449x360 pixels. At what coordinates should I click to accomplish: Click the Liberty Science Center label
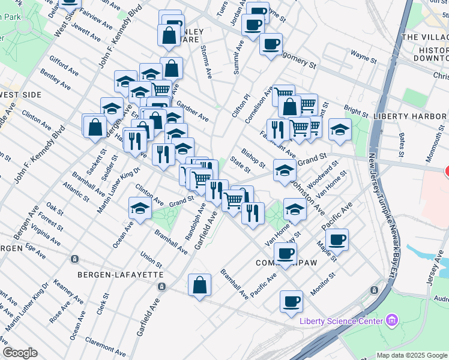[x=341, y=320]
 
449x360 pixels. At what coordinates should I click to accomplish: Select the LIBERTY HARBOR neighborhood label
[x=408, y=116]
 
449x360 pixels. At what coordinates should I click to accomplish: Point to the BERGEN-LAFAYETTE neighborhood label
[x=120, y=274]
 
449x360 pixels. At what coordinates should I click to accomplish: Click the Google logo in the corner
[x=20, y=353]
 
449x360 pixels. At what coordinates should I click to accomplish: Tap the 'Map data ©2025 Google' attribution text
[x=411, y=355]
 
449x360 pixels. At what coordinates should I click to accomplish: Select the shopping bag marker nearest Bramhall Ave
[x=200, y=286]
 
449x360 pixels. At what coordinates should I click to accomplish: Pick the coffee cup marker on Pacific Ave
[x=338, y=239]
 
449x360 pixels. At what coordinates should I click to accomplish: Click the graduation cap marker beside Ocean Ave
[x=140, y=209]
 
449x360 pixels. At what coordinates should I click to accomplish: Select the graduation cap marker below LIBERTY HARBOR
[x=340, y=130]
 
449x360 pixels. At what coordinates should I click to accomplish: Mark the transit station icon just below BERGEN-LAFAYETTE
[x=161, y=286]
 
